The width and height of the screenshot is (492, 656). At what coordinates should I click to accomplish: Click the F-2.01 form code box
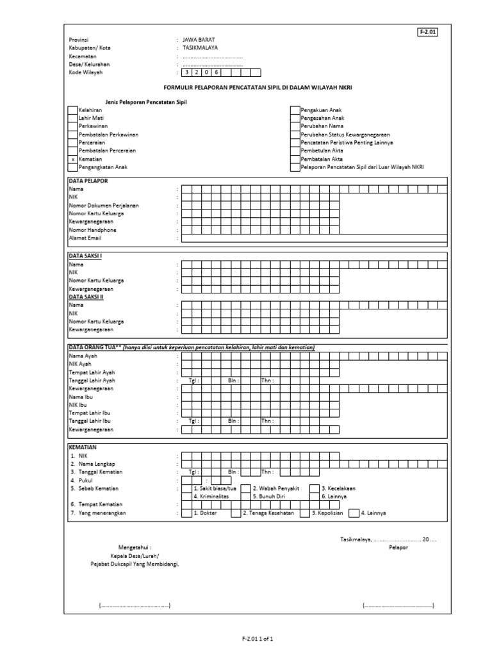tap(429, 33)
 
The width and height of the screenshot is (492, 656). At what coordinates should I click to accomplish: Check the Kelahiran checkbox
tap(72, 111)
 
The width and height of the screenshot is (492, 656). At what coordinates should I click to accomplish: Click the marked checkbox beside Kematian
tap(72, 160)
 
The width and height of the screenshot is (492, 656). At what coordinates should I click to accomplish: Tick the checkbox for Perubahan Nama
tap(295, 127)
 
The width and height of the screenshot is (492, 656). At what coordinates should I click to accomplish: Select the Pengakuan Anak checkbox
tap(295, 111)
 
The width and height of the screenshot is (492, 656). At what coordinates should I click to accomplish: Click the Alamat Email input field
tap(314, 238)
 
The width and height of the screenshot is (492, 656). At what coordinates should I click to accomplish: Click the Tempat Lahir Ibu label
tap(90, 413)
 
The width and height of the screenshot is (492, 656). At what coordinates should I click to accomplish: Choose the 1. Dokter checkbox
tap(186, 513)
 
